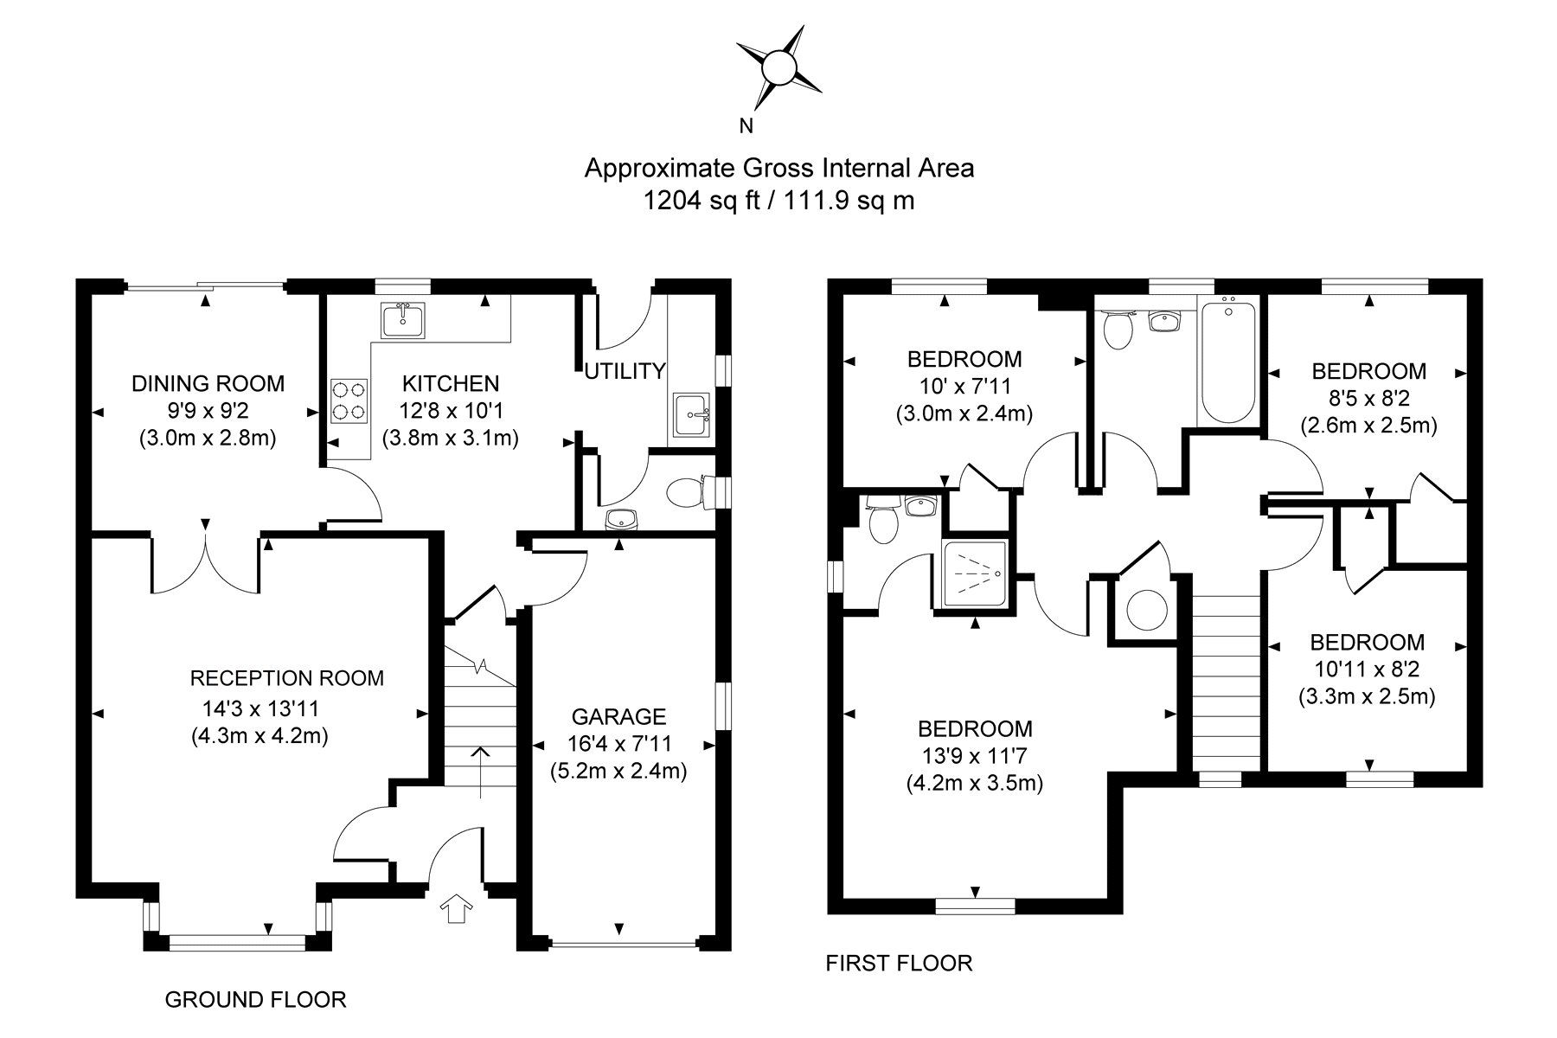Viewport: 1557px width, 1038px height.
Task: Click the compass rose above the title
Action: pos(778,67)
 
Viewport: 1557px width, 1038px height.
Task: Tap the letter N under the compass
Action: pos(746,126)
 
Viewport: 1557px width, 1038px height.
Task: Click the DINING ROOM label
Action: pos(208,382)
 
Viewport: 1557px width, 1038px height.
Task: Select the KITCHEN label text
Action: pos(451,382)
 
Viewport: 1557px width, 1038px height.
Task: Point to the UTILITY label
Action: pos(625,371)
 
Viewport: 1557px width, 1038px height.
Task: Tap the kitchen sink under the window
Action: pos(403,320)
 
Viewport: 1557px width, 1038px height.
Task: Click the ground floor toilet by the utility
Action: pos(689,494)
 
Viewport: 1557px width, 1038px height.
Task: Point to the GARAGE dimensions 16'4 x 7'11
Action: pos(618,743)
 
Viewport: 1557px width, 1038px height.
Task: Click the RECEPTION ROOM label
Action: pos(286,678)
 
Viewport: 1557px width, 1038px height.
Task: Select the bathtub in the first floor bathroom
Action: pos(1230,359)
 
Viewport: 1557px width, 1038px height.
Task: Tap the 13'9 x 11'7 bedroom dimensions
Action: pos(975,756)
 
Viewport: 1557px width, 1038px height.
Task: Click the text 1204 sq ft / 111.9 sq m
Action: pos(778,201)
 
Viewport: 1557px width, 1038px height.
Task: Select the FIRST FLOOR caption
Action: pos(899,963)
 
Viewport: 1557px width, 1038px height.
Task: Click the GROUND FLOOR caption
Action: pos(255,999)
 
